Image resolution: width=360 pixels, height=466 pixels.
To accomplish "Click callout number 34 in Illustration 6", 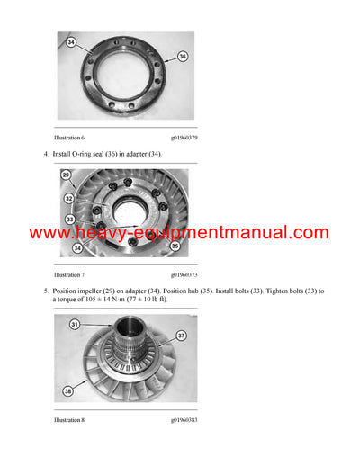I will (x=70, y=41).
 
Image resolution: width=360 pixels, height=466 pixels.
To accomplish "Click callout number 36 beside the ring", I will (x=183, y=58).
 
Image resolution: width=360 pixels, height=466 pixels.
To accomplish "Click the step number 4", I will (x=46, y=155).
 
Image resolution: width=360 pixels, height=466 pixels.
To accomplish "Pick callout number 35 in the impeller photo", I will (x=175, y=244).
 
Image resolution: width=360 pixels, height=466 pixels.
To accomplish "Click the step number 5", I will (x=46, y=291).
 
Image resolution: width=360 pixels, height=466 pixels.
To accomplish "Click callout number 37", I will (x=181, y=336).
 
